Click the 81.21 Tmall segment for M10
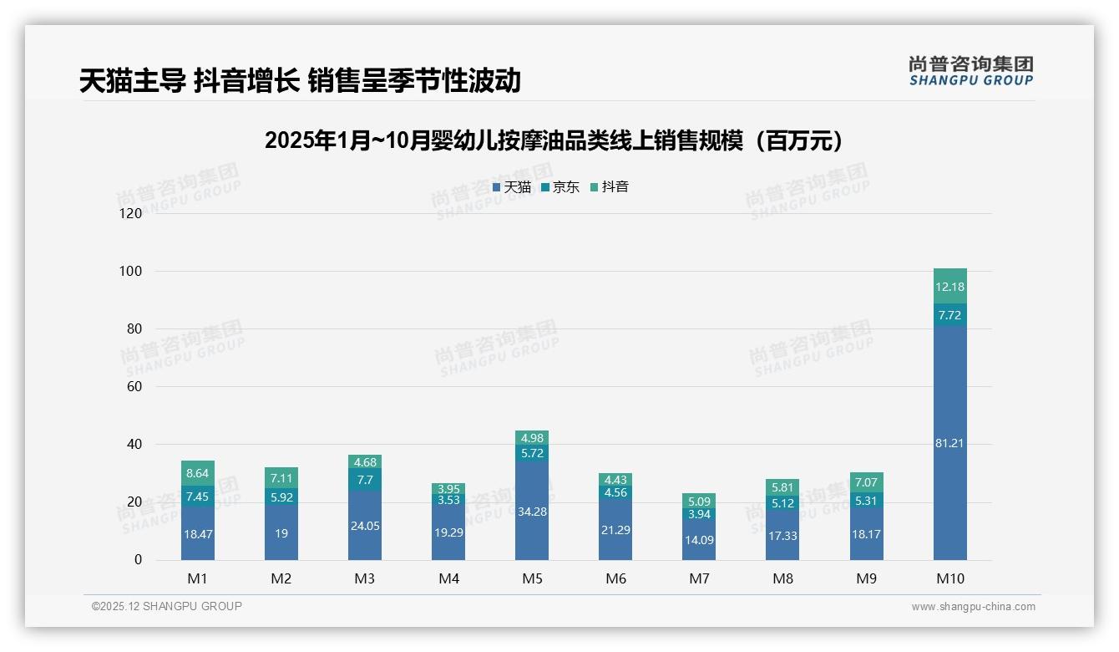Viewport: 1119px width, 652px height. pyautogui.click(x=949, y=443)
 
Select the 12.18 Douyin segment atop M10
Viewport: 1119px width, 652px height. pyautogui.click(x=949, y=287)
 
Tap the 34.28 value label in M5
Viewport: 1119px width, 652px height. pyautogui.click(x=532, y=512)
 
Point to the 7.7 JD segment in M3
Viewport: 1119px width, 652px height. pyautogui.click(x=365, y=480)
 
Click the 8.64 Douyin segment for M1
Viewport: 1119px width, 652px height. pyautogui.click(x=198, y=473)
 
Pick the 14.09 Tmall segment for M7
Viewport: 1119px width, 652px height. pyautogui.click(x=699, y=540)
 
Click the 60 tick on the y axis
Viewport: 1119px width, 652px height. pyautogui.click(x=134, y=387)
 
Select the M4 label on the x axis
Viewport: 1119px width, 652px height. pyautogui.click(x=448, y=578)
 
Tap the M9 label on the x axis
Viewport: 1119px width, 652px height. pyautogui.click(x=866, y=578)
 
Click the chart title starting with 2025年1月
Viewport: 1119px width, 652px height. pyautogui.click(x=559, y=140)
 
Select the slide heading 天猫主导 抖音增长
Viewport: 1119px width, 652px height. pyautogui.click(x=300, y=80)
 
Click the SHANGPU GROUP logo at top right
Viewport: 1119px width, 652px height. pyautogui.click(x=970, y=71)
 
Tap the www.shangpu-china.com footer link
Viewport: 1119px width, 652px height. pyautogui.click(x=973, y=607)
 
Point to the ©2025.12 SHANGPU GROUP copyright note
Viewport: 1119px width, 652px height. pyautogui.click(x=167, y=607)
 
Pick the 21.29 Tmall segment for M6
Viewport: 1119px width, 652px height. pyautogui.click(x=615, y=530)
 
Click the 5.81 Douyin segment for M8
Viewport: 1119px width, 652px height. pyautogui.click(x=782, y=487)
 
